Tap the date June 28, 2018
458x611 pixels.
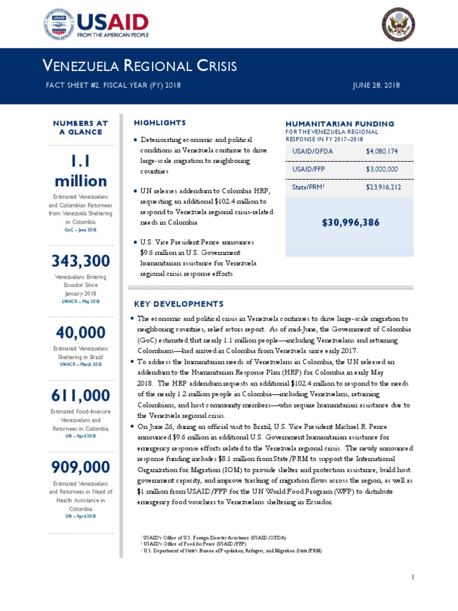[377, 85]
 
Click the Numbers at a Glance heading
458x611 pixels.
[80, 128]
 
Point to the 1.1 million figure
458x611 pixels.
[80, 171]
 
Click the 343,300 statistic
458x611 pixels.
[80, 261]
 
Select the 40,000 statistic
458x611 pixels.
[80, 332]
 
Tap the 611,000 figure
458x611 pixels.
[80, 395]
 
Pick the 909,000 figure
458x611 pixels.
[80, 466]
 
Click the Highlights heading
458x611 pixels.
[160, 123]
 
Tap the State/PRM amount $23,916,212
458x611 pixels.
[383, 187]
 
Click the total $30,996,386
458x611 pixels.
[351, 223]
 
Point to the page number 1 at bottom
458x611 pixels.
[412, 577]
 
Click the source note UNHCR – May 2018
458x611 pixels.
[80, 302]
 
